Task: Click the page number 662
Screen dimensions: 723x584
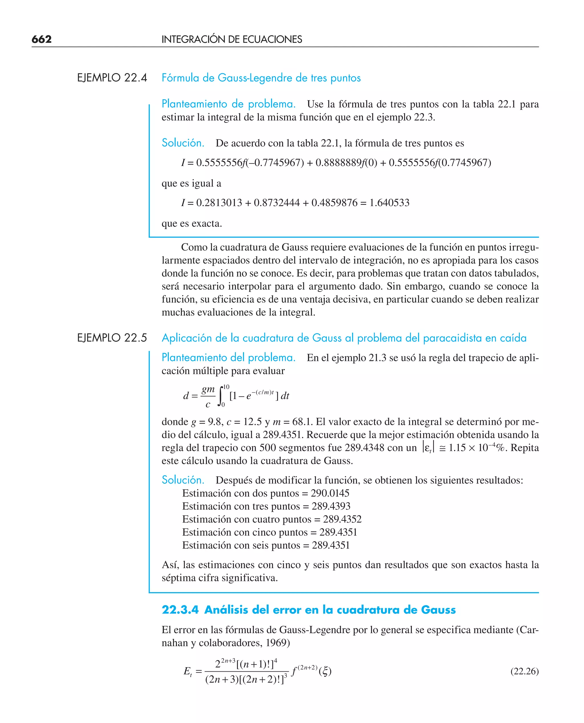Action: click(41, 39)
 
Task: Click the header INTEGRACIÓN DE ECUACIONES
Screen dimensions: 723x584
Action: click(232, 39)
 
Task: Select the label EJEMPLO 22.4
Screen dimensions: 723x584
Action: click(112, 78)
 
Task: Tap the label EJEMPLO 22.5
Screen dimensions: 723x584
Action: click(112, 338)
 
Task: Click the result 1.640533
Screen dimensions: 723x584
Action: click(389, 203)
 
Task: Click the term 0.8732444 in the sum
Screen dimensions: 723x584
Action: click(277, 203)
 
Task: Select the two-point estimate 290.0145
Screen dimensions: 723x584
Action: click(330, 493)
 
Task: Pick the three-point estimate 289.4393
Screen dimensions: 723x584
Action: click(331, 506)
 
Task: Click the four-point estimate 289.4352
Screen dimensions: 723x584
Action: click(342, 519)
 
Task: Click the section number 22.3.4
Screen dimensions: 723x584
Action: click(180, 610)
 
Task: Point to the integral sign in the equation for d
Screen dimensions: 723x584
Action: click(221, 396)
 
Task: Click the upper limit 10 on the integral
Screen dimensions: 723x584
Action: click(226, 387)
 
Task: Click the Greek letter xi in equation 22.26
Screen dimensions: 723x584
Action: click(325, 672)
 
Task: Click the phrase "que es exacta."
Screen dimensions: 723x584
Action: click(192, 224)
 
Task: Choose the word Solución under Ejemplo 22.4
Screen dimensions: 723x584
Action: click(183, 143)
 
